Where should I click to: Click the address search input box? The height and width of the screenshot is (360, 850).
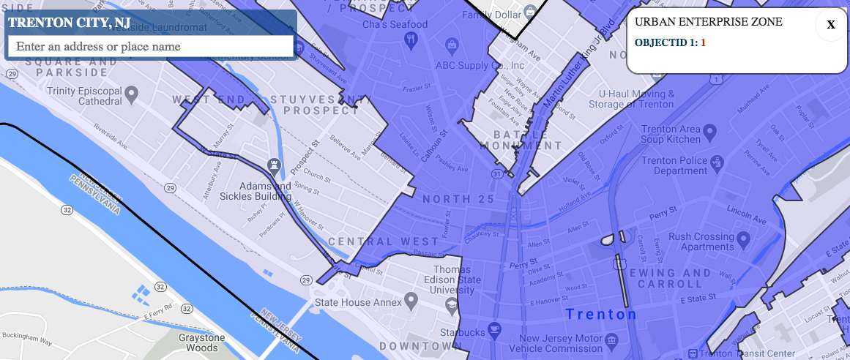pos(150,46)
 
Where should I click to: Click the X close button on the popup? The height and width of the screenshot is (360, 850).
pos(831,25)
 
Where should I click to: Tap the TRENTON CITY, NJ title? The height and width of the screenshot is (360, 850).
pos(70,23)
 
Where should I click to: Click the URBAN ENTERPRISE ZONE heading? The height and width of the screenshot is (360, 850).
pos(708,22)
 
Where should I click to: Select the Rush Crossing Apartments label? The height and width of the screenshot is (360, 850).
pos(701,241)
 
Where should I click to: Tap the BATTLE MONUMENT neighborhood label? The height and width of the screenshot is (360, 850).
pos(521,140)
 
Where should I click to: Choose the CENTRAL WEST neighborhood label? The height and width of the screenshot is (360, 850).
pos(384,241)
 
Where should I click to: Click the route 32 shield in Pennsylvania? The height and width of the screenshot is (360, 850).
pos(67,210)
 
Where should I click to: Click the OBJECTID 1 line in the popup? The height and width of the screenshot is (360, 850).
pos(670,42)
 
